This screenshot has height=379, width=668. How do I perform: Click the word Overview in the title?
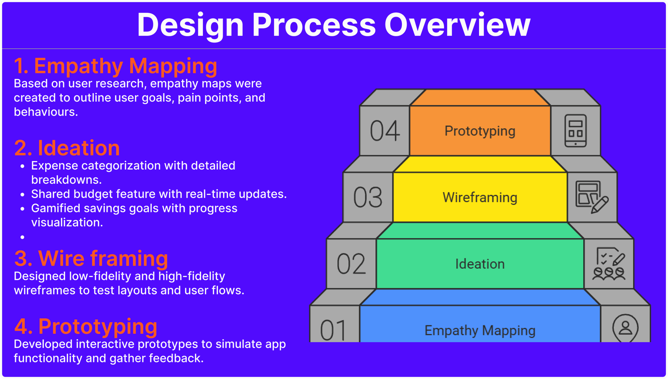tap(458, 25)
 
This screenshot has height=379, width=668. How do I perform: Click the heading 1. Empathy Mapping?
tap(116, 66)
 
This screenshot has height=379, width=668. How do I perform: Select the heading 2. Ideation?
tap(67, 148)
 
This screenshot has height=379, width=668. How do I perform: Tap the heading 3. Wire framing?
tap(91, 259)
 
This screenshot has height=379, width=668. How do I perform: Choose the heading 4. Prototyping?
tap(86, 327)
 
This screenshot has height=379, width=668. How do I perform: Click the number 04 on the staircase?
tap(385, 131)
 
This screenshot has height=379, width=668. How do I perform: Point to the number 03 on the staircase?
tap(368, 197)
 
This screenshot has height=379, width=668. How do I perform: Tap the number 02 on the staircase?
tap(351, 264)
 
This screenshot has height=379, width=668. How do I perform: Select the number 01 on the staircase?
tap(333, 330)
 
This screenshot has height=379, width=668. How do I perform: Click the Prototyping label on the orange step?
tap(480, 131)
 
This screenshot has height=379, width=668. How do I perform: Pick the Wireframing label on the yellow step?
tap(480, 198)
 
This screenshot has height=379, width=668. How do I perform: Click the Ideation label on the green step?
tap(480, 264)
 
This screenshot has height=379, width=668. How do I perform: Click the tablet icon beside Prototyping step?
tap(575, 131)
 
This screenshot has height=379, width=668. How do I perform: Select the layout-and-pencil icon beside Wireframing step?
tap(592, 197)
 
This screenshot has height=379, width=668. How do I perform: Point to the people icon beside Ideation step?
tap(609, 264)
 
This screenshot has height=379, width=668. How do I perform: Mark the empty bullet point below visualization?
tap(23, 237)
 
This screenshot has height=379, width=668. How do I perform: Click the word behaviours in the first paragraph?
tap(46, 112)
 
